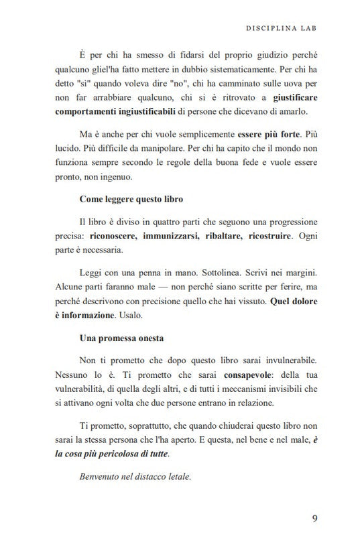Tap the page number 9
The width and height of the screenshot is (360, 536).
pyautogui.click(x=316, y=518)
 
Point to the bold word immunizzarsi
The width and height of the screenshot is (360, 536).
pyautogui.click(x=168, y=237)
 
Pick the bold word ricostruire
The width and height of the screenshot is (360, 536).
pyautogui.click(x=286, y=237)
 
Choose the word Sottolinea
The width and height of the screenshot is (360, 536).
pyautogui.click(x=229, y=275)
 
